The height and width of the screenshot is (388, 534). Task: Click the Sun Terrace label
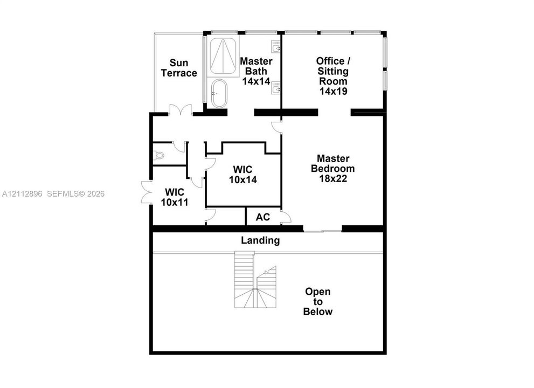pyautogui.click(x=179, y=68)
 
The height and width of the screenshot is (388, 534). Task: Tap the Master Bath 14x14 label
pyautogui.click(x=256, y=71)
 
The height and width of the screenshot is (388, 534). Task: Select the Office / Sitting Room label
pyautogui.click(x=333, y=76)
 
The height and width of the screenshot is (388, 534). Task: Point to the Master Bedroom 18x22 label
pyautogui.click(x=332, y=168)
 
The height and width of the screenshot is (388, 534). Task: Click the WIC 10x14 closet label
pyautogui.click(x=243, y=175)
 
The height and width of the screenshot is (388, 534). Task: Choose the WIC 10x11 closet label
pyautogui.click(x=175, y=197)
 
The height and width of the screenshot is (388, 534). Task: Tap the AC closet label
pyautogui.click(x=262, y=217)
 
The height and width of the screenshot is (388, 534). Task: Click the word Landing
pyautogui.click(x=260, y=240)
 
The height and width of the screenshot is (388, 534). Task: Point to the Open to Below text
pyautogui.click(x=318, y=301)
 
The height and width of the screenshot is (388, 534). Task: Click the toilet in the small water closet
pyautogui.click(x=158, y=155)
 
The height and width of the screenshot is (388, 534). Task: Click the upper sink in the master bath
pyautogui.click(x=276, y=47)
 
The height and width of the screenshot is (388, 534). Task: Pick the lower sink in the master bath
pyautogui.click(x=276, y=88)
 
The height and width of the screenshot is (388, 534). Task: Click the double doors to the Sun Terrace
pyautogui.click(x=181, y=109)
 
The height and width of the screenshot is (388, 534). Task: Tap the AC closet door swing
pyautogui.click(x=286, y=217)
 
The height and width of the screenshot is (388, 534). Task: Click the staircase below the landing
pyautogui.click(x=255, y=280)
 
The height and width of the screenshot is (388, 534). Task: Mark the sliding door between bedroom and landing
pyautogui.click(x=323, y=231)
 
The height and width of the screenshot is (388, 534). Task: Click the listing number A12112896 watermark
pyautogui.click(x=22, y=194)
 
